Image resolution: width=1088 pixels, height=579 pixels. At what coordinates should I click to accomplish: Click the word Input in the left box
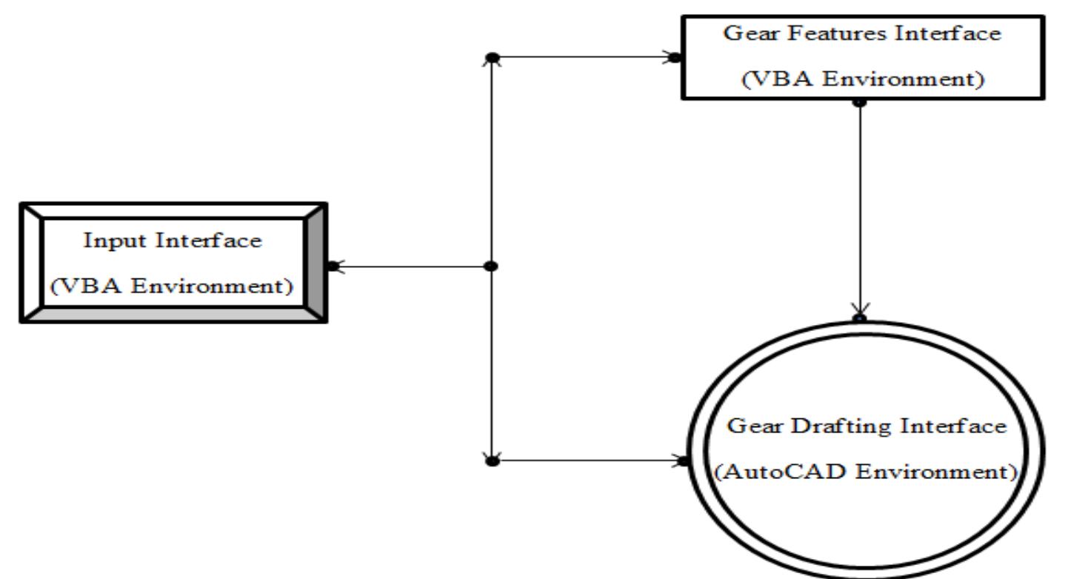(113, 242)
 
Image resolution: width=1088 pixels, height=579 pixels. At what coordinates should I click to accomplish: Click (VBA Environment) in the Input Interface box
(172, 285)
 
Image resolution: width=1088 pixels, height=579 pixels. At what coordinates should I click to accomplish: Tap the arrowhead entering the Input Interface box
(338, 267)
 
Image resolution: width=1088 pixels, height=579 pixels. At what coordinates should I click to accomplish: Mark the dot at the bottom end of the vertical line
(490, 461)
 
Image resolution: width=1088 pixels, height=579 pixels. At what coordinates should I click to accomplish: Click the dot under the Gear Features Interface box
(860, 102)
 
